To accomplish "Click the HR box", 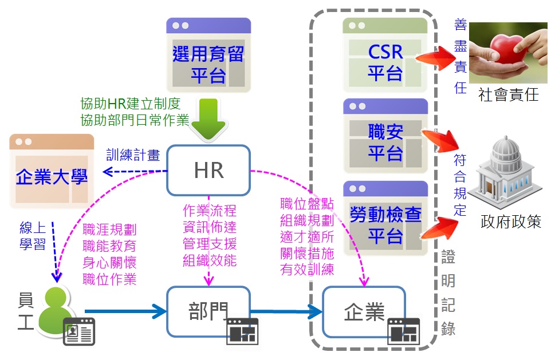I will pos(208,170).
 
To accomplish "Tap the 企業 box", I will pos(364,312).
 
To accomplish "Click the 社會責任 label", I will pos(509,95).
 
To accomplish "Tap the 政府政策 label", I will pos(511,222).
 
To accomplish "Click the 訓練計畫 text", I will pos(133,155).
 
